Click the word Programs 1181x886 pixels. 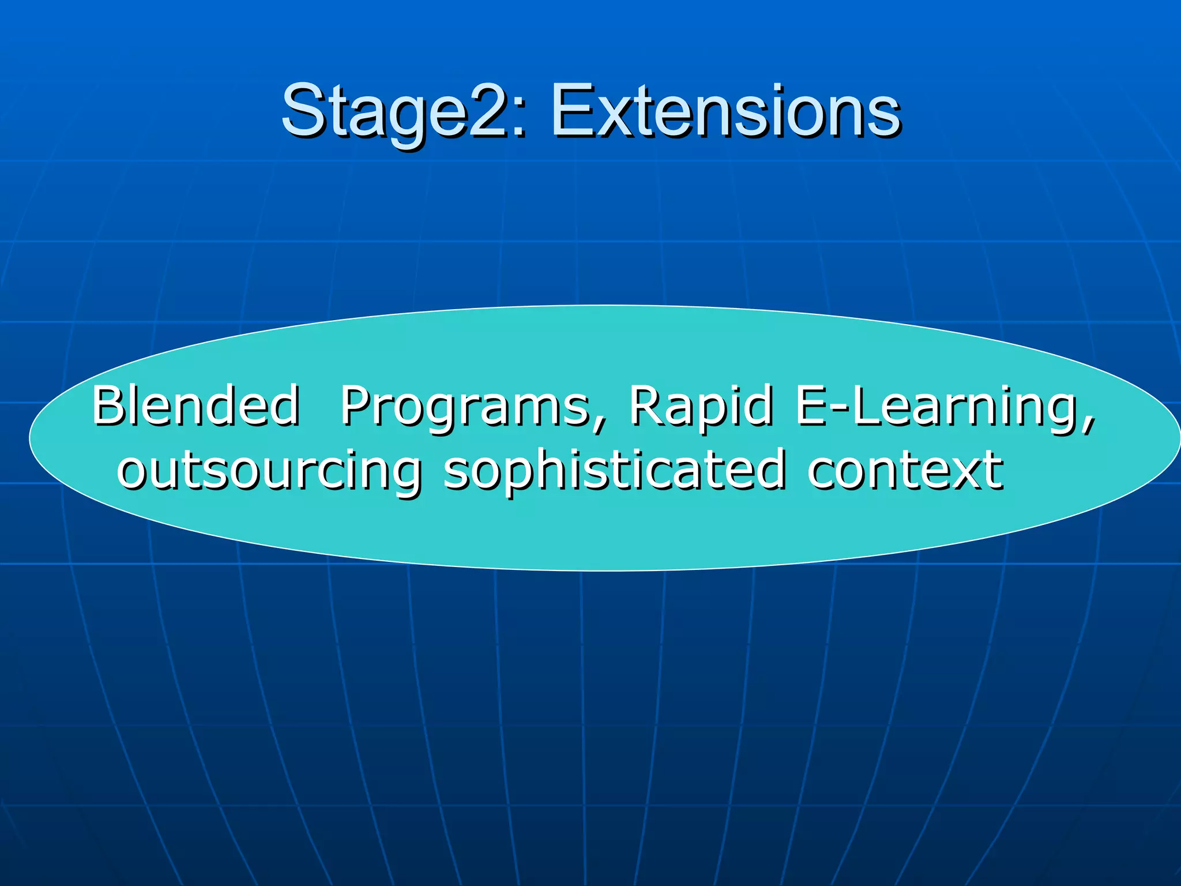465,406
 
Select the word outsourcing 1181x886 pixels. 269,470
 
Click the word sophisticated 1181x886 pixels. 615,470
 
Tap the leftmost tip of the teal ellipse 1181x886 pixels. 30,438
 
